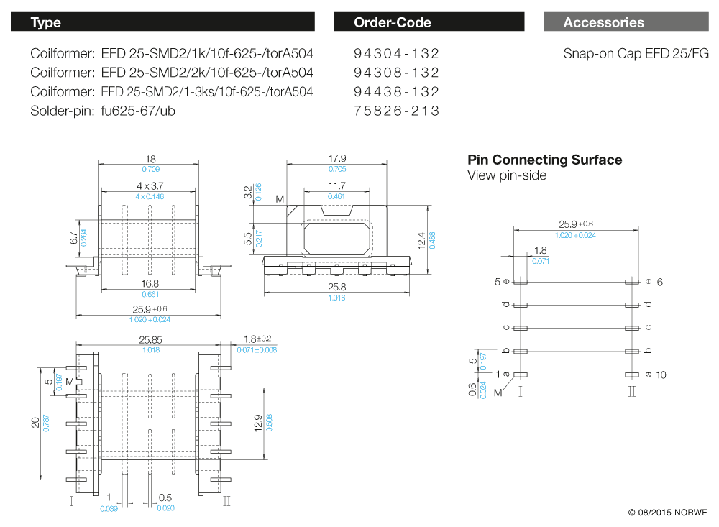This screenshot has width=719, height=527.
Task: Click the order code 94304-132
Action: [396, 54]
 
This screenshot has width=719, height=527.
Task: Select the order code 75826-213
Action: [396, 111]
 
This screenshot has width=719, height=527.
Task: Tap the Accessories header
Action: [604, 22]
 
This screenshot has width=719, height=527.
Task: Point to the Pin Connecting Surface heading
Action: [544, 160]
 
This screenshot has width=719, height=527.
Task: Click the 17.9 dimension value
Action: [337, 158]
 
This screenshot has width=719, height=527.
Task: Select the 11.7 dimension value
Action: [337, 185]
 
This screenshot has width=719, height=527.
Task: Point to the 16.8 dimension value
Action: [150, 283]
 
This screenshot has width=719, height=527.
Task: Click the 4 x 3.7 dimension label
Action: [150, 185]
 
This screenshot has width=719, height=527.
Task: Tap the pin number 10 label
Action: [661, 375]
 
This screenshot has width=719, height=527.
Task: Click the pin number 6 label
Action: [659, 282]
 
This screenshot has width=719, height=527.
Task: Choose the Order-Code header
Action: [392, 22]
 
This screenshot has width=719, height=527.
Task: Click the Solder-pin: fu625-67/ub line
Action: [103, 111]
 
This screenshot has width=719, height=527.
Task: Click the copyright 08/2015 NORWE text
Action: [667, 513]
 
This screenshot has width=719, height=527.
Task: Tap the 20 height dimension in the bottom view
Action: [35, 422]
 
